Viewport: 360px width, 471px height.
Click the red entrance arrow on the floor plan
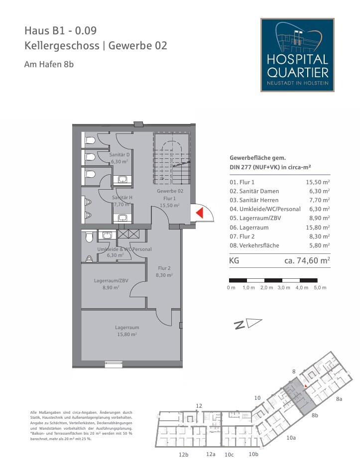(199, 213)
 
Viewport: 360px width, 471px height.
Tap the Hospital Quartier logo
(297, 55)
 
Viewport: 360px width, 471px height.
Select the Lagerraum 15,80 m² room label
(127, 331)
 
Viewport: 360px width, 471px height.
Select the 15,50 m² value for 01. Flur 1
(318, 183)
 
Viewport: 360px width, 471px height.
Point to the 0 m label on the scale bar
(231, 288)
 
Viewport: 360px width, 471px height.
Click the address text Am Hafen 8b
(49, 64)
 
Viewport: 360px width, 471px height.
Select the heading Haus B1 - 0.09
(61, 30)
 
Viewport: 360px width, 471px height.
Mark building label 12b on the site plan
(183, 455)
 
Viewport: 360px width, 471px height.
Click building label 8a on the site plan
(339, 399)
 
